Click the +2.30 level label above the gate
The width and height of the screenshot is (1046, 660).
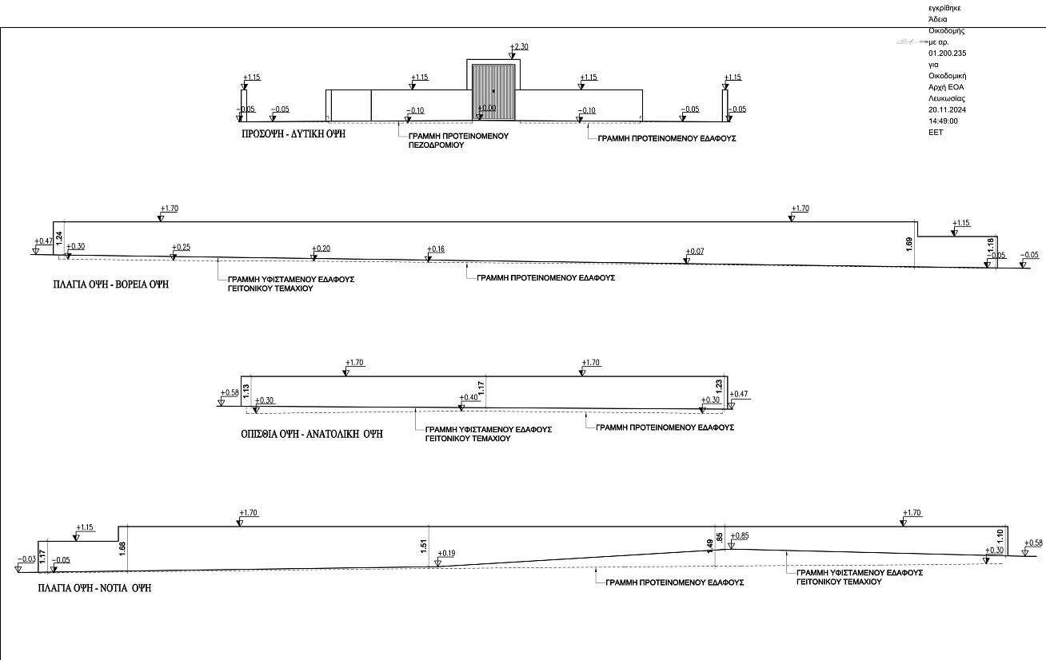[519, 46]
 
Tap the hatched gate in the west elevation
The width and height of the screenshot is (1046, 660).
[493, 93]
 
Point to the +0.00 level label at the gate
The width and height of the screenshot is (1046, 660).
[486, 108]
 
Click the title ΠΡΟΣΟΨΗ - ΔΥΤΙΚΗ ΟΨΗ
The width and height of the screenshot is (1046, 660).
[293, 134]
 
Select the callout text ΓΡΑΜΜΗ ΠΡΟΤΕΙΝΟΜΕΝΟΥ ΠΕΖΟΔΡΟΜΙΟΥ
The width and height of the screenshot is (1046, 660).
[458, 141]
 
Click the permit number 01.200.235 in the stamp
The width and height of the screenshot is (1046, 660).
[947, 54]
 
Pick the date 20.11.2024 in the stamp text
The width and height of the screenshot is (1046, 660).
[947, 109]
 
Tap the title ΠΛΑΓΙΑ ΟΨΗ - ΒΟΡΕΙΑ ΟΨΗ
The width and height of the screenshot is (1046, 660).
[110, 284]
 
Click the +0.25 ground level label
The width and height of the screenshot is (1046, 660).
[182, 247]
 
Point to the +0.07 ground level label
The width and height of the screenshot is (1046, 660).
[694, 252]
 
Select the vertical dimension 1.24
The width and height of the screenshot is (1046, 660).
[59, 238]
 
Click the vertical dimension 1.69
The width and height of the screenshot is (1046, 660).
[908, 245]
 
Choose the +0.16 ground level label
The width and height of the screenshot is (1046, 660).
[435, 249]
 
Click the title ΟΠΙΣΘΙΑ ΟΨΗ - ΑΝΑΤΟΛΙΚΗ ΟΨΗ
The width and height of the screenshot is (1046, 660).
[311, 434]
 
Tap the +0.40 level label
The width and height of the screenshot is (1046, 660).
[469, 397]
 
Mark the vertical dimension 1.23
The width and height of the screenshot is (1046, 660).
[719, 386]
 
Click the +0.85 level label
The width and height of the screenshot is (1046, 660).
[740, 536]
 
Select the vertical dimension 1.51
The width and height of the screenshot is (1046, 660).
[424, 547]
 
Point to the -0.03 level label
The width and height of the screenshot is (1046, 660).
[26, 559]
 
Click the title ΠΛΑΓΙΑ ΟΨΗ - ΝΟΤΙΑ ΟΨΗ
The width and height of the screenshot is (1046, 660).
[94, 588]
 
